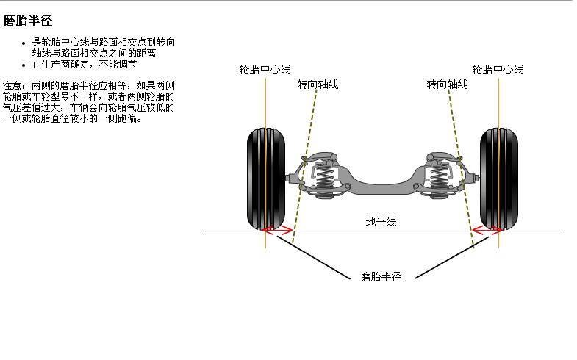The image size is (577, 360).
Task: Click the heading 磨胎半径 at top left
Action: (x=28, y=21)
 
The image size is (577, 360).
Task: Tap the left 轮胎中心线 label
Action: (x=265, y=70)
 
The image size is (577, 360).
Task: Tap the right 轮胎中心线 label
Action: (x=498, y=70)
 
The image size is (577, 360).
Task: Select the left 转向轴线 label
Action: (x=318, y=84)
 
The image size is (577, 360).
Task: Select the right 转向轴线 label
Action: (x=447, y=84)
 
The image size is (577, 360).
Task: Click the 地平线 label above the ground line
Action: (x=381, y=221)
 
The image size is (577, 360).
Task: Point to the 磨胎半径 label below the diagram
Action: (x=381, y=277)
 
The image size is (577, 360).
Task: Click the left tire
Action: (x=265, y=177)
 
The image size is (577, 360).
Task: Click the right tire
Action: (x=498, y=177)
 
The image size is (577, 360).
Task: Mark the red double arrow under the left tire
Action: (x=279, y=231)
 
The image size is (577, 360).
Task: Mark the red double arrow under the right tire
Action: (x=487, y=231)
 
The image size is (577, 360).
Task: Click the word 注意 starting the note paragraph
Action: (x=12, y=85)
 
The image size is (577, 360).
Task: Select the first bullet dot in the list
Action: (x=24, y=43)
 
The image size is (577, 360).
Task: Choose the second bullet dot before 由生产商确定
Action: (x=24, y=64)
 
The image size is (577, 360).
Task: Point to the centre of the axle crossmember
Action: (x=381, y=181)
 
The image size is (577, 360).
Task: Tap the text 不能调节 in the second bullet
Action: (x=118, y=64)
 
